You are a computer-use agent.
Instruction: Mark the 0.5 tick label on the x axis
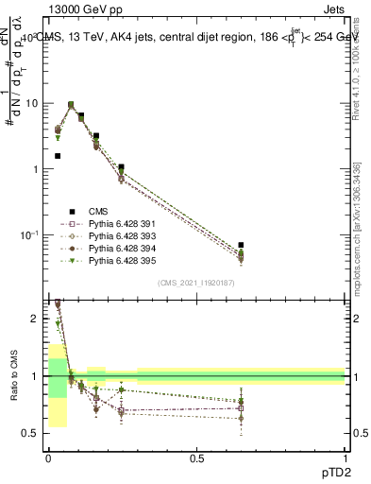196,458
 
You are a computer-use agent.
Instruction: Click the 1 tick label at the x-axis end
345,458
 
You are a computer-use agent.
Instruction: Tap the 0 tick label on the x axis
48,458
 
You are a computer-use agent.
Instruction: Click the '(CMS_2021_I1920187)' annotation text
195,282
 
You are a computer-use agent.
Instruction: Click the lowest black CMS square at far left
58,156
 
